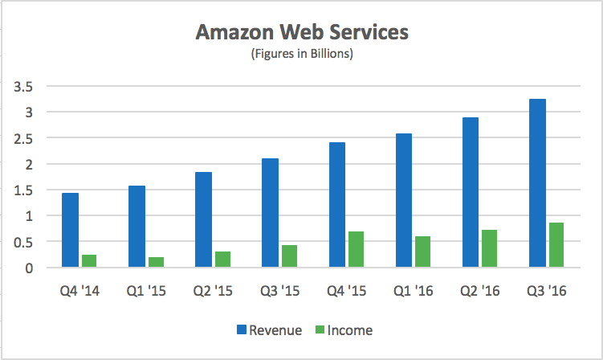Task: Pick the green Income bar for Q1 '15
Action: [156, 262]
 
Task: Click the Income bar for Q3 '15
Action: [289, 256]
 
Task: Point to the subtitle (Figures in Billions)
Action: [302, 55]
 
